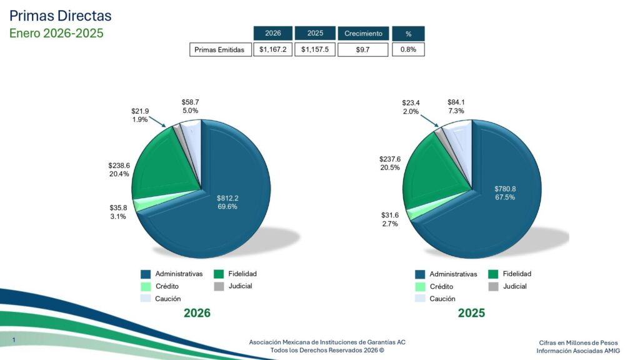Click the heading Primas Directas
[x=61, y=16]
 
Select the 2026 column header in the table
[x=273, y=33]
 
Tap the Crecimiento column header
[x=363, y=33]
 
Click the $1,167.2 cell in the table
[x=273, y=49]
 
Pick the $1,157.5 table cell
[x=314, y=49]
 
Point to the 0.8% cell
[x=408, y=49]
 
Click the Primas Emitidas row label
[x=219, y=50]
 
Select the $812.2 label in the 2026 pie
[x=227, y=199]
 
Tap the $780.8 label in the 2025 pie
[x=505, y=189]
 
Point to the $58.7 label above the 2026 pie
[x=191, y=102]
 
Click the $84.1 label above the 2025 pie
[x=456, y=102]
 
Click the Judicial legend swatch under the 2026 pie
[x=219, y=287]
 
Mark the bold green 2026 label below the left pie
[x=197, y=313]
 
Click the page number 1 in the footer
[x=14, y=339]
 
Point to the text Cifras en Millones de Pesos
[x=578, y=342]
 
